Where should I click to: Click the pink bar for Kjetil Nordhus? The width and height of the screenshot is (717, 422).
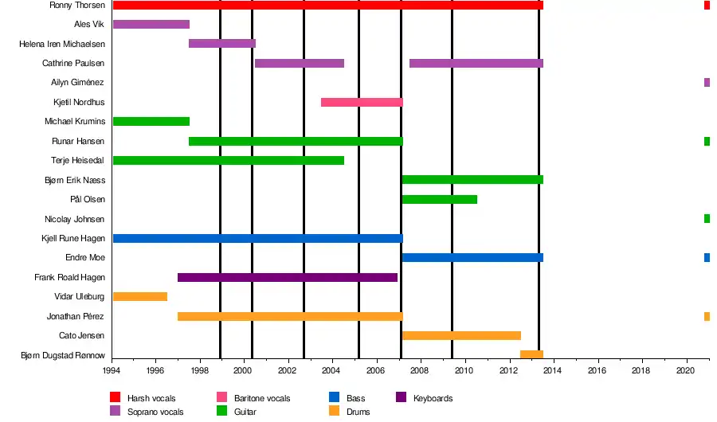click(x=362, y=102)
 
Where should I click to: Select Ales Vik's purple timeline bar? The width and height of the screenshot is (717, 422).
click(x=151, y=24)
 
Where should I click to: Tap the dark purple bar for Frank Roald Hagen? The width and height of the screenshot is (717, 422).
click(x=287, y=277)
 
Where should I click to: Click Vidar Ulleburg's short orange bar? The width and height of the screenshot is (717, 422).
click(x=140, y=296)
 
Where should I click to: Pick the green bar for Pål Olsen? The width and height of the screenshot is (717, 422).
click(x=440, y=199)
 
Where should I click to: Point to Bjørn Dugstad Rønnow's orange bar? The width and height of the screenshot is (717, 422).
click(x=531, y=354)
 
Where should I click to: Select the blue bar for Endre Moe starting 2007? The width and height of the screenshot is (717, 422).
click(x=472, y=257)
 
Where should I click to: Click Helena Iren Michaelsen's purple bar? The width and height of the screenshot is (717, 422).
click(x=222, y=43)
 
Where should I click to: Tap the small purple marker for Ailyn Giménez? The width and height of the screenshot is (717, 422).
click(x=707, y=82)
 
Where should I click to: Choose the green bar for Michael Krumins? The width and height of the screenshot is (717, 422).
click(x=151, y=121)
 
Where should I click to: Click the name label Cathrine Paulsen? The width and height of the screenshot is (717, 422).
click(x=73, y=63)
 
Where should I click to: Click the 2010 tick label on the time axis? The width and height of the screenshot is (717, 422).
click(x=464, y=370)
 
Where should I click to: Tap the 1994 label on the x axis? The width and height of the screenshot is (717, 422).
click(x=113, y=370)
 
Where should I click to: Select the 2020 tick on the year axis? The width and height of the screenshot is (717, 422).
click(x=686, y=370)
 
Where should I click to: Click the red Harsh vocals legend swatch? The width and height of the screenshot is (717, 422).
click(x=115, y=397)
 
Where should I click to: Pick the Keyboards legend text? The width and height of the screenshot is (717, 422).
click(x=433, y=398)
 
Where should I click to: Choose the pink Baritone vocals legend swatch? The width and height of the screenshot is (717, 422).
click(x=222, y=397)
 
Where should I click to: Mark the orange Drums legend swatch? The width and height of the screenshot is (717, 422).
click(x=334, y=411)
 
